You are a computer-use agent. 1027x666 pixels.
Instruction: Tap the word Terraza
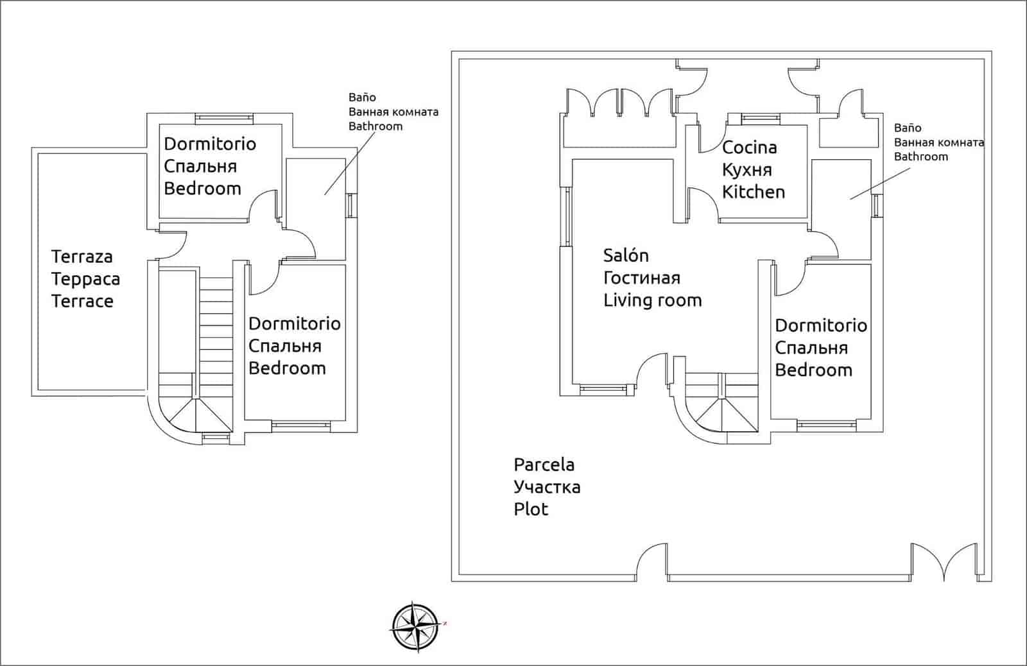point(82,257)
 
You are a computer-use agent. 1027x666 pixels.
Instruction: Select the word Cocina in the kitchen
point(749,148)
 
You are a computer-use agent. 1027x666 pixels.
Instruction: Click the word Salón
point(626,255)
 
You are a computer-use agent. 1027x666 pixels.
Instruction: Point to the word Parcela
point(544,465)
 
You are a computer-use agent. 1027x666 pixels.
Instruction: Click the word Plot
point(531,509)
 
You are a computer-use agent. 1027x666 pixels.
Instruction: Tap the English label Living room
point(652,300)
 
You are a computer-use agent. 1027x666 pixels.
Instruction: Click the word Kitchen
point(754,192)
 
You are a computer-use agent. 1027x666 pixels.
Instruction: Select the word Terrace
point(82,301)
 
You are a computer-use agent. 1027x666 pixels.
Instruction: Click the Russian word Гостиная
point(641,278)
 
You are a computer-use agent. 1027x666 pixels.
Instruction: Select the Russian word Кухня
point(747,170)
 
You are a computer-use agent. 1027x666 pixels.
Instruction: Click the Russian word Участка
point(547,487)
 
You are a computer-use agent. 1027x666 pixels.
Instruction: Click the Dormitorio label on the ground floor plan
point(821,325)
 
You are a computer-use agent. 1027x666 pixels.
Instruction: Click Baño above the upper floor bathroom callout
point(362,98)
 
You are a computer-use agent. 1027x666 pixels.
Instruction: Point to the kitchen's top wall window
point(760,117)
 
